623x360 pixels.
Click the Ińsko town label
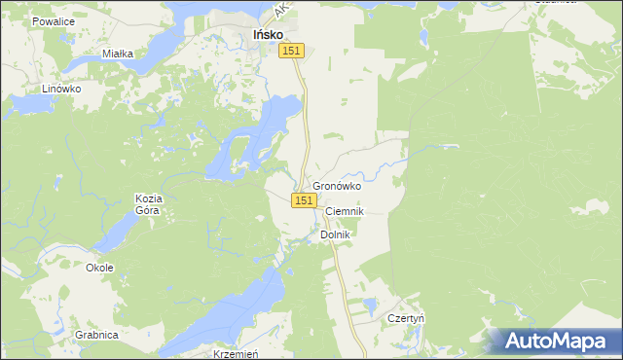click(268, 35)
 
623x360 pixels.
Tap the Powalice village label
click(54, 20)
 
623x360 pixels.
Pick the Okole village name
click(99, 268)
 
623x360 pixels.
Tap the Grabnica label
click(97, 335)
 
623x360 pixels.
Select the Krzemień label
click(235, 354)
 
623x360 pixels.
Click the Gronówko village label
click(337, 186)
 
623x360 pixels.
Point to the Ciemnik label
click(344, 211)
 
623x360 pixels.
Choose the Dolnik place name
click(334, 234)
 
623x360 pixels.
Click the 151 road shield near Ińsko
click(294, 51)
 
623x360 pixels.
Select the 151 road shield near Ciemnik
click(304, 199)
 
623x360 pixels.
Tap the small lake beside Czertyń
click(369, 306)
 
